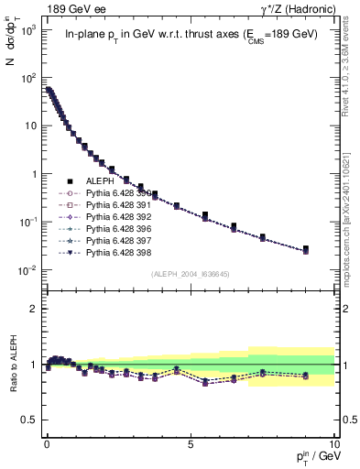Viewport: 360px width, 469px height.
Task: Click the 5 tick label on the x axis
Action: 190,444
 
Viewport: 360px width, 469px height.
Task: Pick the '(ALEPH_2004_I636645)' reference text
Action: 190,274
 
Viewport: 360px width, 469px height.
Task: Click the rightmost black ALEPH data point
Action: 305,248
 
